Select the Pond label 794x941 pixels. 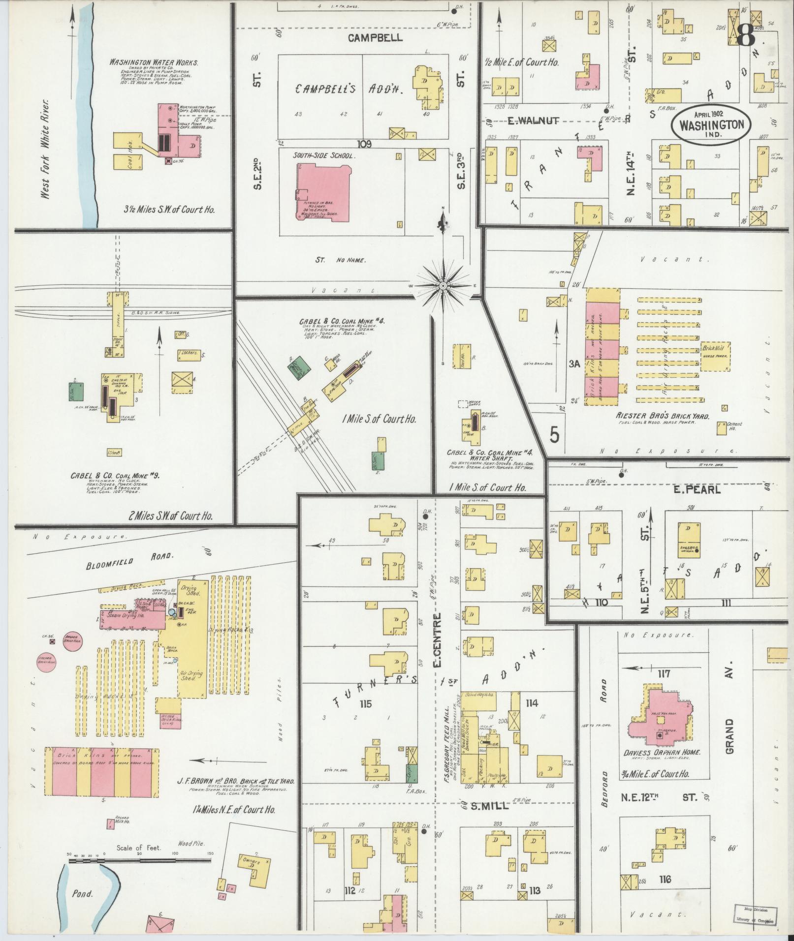click(82, 893)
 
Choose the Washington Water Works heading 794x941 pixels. click(154, 63)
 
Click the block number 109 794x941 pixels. click(365, 144)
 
